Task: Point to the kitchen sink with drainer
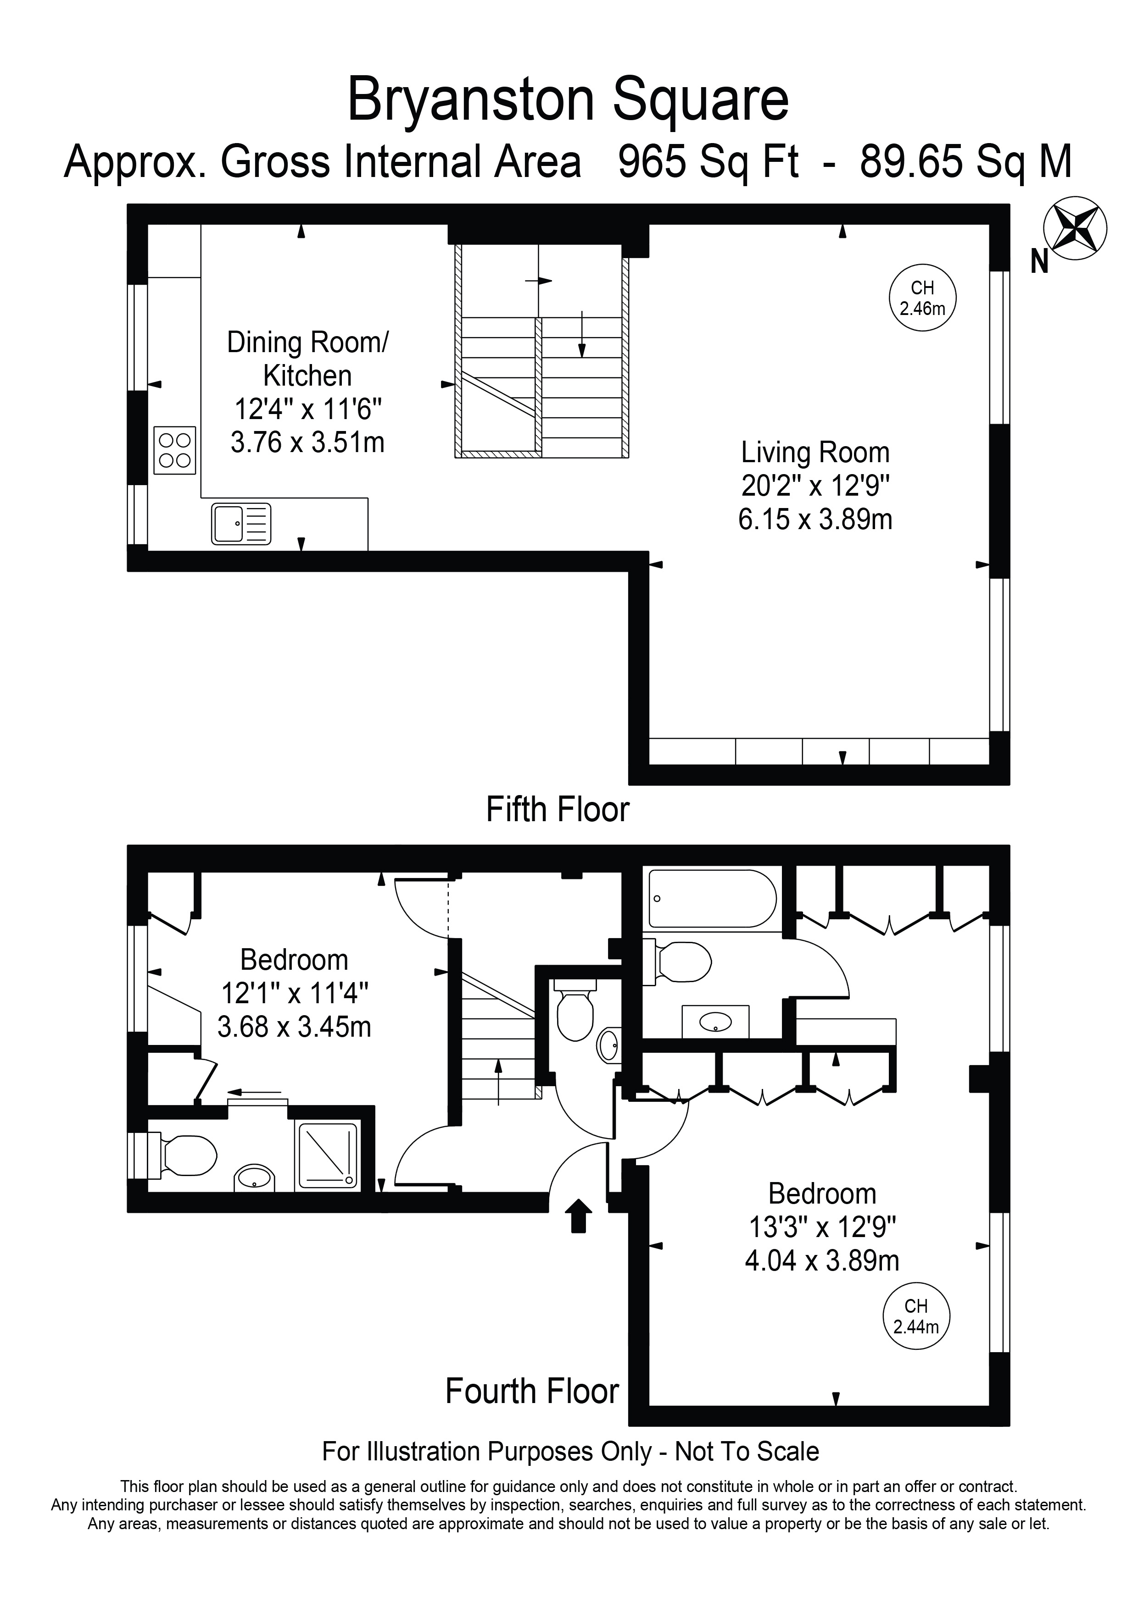pos(241,524)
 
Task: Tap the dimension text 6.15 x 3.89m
pos(815,519)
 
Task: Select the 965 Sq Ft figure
pos(708,162)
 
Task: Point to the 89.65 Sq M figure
pos(965,162)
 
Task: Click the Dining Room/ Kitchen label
pos(307,359)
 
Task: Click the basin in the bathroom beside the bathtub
pos(715,1022)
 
